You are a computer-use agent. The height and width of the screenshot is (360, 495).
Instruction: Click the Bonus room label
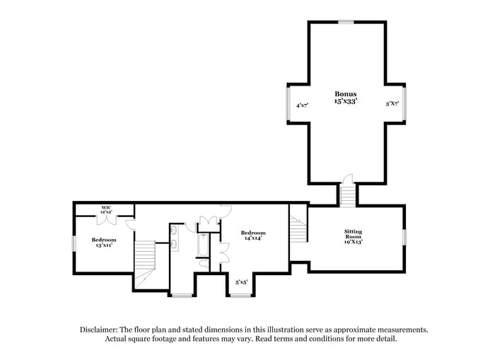point(346,94)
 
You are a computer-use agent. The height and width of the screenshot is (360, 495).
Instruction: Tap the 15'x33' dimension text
point(346,101)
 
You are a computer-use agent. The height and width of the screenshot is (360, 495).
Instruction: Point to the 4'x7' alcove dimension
point(302,105)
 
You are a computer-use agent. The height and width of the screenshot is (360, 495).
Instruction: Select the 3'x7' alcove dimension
point(392,105)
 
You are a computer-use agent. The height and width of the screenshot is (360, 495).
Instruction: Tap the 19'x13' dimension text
point(353,243)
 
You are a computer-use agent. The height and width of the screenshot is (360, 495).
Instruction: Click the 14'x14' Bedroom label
point(252,233)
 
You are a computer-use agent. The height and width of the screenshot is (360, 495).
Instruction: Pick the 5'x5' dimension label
point(241,282)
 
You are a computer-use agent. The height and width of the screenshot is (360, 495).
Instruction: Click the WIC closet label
point(106,208)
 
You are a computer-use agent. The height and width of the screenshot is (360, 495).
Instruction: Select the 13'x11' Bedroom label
point(103,240)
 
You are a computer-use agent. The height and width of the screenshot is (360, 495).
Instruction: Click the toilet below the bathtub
point(203,264)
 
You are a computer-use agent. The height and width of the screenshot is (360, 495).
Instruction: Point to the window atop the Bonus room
point(346,22)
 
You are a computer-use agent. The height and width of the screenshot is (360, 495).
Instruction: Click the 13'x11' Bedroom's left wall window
point(74,243)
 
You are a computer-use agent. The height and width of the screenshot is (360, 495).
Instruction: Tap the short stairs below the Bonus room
point(346,194)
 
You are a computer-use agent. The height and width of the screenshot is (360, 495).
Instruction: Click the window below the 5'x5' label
point(240,295)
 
